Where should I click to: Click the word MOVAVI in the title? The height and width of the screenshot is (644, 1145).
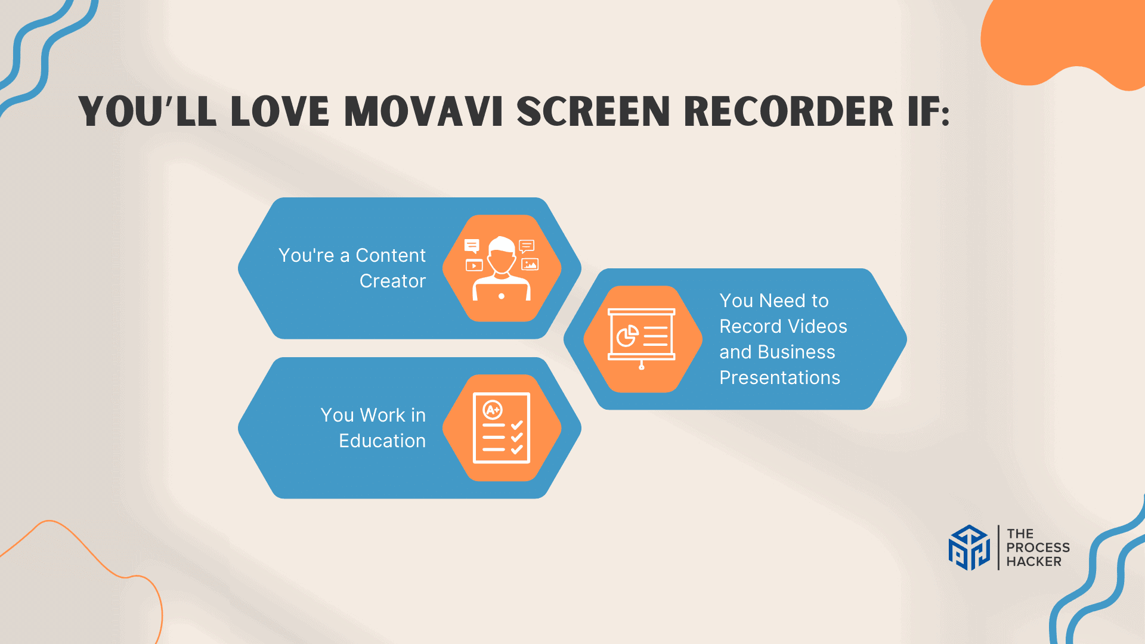[x=424, y=112]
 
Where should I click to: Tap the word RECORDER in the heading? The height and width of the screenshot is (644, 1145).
[x=788, y=112]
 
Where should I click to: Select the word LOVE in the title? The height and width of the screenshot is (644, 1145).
[x=280, y=112]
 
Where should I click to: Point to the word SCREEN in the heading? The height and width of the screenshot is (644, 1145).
[x=593, y=112]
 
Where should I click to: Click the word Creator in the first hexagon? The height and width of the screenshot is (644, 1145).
[x=392, y=281]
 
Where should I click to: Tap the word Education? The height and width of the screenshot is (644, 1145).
[x=382, y=441]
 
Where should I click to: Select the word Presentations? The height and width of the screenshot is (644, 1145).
[x=779, y=377]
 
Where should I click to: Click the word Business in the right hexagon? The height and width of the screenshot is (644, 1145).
[x=796, y=352]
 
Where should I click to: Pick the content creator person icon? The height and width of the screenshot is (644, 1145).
[x=502, y=268]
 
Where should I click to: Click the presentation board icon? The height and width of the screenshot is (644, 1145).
[x=642, y=339]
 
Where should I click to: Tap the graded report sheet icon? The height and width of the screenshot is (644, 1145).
[x=502, y=428]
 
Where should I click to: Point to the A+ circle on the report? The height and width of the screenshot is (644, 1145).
[x=493, y=410]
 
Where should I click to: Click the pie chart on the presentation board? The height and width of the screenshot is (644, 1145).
[x=627, y=336]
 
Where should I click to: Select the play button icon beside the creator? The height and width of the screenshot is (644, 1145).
[x=474, y=265]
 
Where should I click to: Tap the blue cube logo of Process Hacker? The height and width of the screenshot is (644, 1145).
[x=969, y=547]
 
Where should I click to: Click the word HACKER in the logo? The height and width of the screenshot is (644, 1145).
[x=1034, y=562]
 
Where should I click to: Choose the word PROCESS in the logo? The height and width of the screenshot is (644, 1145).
[x=1038, y=547]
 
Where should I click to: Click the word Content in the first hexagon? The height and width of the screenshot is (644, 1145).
[x=391, y=255]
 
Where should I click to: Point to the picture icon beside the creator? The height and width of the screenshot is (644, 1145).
[x=530, y=264]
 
